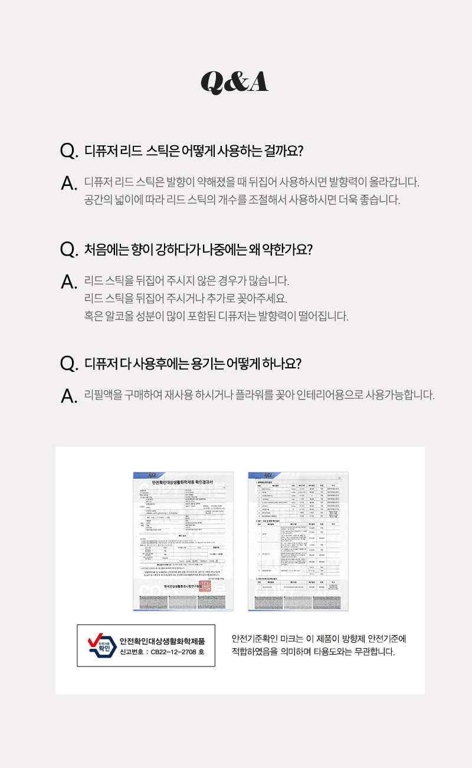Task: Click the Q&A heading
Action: point(235,82)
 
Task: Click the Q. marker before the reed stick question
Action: point(68,151)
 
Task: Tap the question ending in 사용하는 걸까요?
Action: point(194,151)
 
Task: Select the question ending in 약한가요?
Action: point(198,249)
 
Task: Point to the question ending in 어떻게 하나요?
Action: point(193,363)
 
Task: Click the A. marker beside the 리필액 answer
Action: point(68,396)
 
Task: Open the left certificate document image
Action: point(183,541)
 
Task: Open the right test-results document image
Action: point(298,541)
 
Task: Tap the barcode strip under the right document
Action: point(298,602)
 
